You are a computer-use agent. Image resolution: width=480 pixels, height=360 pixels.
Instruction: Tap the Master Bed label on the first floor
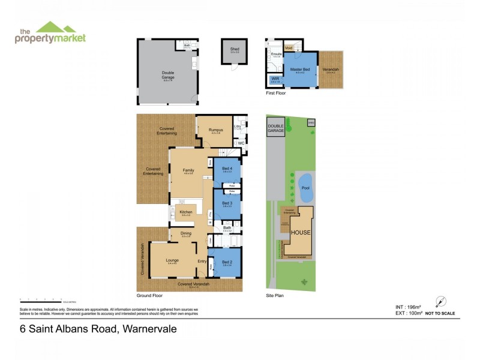click(299, 70)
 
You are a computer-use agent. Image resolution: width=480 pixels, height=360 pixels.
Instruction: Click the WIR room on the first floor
click(275, 78)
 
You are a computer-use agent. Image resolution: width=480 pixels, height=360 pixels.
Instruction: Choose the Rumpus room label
click(215, 130)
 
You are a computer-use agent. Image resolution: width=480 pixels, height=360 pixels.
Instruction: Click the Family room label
click(188, 170)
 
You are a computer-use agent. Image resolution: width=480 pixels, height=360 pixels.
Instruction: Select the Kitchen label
click(186, 212)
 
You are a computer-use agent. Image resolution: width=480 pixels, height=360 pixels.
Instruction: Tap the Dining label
click(186, 233)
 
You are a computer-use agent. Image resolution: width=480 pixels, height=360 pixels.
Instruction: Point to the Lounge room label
click(172, 260)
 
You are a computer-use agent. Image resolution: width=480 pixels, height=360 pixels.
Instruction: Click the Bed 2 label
click(226, 262)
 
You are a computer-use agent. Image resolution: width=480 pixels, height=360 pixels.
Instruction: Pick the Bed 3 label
click(226, 203)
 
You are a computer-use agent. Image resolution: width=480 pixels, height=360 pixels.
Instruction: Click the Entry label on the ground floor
click(202, 261)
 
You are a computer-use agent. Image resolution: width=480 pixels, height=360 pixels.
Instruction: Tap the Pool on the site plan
click(304, 188)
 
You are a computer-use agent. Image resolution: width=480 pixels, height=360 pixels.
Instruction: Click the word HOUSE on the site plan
click(300, 232)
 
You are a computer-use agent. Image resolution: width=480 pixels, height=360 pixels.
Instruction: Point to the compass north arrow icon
click(441, 302)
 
